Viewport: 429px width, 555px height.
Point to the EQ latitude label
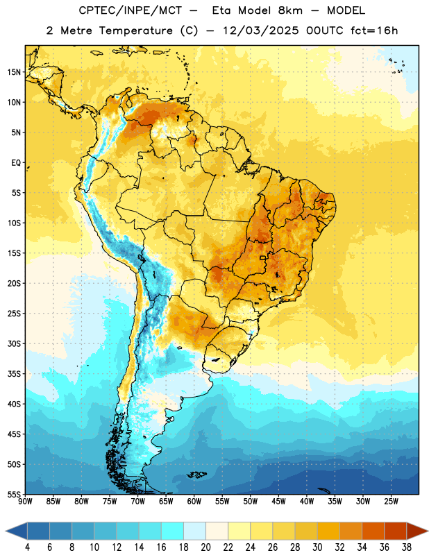pos(16,163)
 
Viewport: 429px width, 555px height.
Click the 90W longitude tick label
pos(25,502)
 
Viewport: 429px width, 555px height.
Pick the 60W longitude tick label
pos(194,502)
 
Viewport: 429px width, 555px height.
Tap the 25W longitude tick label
pos(391,502)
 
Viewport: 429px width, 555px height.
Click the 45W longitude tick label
pos(278,502)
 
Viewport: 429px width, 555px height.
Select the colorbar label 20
pos(205,547)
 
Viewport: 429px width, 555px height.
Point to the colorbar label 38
pos(407,547)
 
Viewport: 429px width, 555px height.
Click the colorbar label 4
pos(27,547)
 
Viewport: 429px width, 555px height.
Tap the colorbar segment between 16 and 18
pos(172,531)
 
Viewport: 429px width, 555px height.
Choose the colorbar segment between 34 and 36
pos(373,531)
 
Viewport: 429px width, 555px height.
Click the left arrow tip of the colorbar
pos(6,531)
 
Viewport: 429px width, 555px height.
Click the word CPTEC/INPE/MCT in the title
pos(131,10)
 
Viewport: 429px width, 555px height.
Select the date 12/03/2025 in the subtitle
pos(261,31)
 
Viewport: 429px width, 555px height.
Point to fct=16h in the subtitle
pos(374,31)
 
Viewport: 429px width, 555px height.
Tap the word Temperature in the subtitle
pos(135,31)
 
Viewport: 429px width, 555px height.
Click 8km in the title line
pos(290,10)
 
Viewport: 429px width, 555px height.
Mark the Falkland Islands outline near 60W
pos(197,475)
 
